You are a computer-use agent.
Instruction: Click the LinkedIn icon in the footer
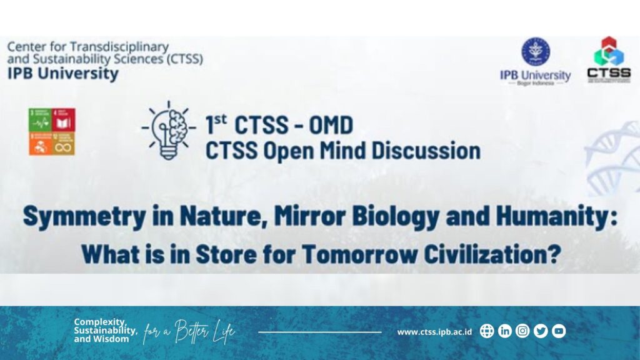505,331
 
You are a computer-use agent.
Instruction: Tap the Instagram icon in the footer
522,331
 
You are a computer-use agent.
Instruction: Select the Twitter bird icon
541,331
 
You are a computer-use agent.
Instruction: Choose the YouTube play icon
559,331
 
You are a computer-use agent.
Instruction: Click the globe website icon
487,331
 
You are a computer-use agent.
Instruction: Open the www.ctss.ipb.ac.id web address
434,332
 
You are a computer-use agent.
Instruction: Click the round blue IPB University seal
536,52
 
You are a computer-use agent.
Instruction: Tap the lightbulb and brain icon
169,130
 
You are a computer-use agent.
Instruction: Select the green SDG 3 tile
39,119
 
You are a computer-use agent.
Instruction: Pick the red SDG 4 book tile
64,119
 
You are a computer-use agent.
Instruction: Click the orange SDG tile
39,144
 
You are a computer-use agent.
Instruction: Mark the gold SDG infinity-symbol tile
64,144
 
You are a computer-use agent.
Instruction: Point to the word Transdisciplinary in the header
119,47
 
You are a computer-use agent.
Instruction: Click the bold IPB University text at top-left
62,74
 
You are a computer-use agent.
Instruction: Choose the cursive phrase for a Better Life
189,332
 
